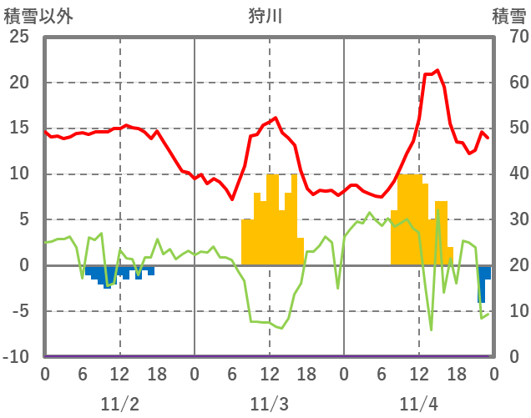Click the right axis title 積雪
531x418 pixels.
click(x=508, y=16)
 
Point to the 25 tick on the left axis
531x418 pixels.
click(x=19, y=37)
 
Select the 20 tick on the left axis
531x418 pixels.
click(x=19, y=83)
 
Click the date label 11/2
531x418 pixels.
click(x=119, y=404)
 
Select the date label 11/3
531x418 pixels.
click(x=269, y=404)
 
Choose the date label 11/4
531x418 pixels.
click(x=418, y=404)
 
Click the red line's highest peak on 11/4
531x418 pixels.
click(x=437, y=71)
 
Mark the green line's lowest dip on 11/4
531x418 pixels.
click(x=431, y=330)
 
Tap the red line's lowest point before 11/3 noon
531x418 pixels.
click(x=232, y=199)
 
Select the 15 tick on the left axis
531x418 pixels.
click(x=19, y=128)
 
